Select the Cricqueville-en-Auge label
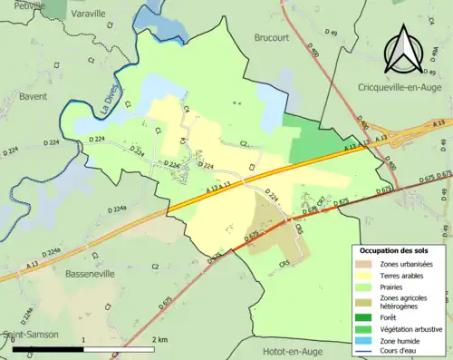[x=387, y=85]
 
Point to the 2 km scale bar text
[x=159, y=339]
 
